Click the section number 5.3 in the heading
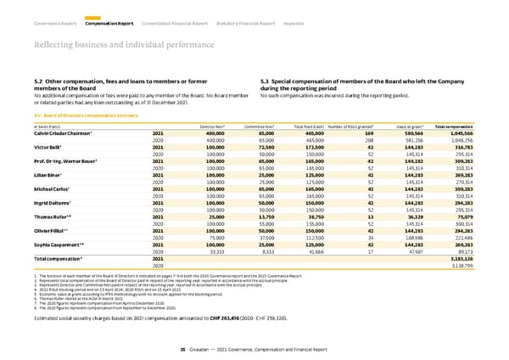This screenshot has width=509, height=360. pos(264,80)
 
